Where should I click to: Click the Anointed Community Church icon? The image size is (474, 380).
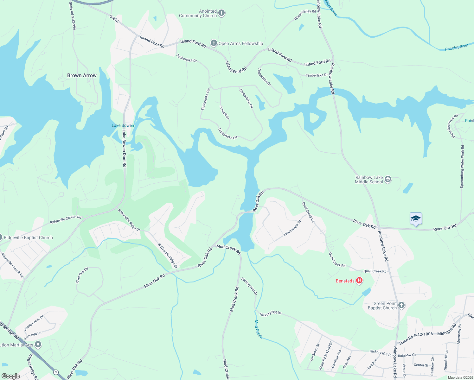pyautogui.click(x=221, y=13)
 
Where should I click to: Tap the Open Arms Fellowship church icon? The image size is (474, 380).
pyautogui.click(x=214, y=43)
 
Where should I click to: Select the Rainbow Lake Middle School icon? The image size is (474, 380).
pyautogui.click(x=388, y=180)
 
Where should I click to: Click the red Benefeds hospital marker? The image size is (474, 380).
pyautogui.click(x=359, y=281)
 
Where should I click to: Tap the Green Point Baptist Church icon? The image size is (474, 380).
pyautogui.click(x=401, y=305)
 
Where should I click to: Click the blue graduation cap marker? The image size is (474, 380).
pyautogui.click(x=416, y=219)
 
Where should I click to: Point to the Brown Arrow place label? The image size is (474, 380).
pyautogui.click(x=82, y=75)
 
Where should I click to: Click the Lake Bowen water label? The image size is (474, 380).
pyautogui.click(x=123, y=125)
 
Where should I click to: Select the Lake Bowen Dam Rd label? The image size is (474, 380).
pyautogui.click(x=125, y=149)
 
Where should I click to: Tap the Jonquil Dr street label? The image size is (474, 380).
pyautogui.click(x=224, y=112)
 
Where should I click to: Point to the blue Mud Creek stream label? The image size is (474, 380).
pyautogui.click(x=258, y=329)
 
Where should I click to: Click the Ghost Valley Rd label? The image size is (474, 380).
pyautogui.click(x=305, y=15)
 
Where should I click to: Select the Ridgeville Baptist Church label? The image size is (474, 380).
pyautogui.click(x=28, y=237)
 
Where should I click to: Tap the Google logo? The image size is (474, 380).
pyautogui.click(x=10, y=376)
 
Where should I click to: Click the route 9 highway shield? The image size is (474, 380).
pyautogui.click(x=56, y=372)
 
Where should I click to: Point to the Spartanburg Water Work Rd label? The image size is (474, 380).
pyautogui.click(x=462, y=167)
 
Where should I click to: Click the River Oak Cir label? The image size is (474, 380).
pyautogui.click(x=82, y=275)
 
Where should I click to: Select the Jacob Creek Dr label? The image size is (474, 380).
pyautogui.click(x=34, y=322)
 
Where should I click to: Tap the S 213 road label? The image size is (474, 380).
pyautogui.click(x=114, y=19)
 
